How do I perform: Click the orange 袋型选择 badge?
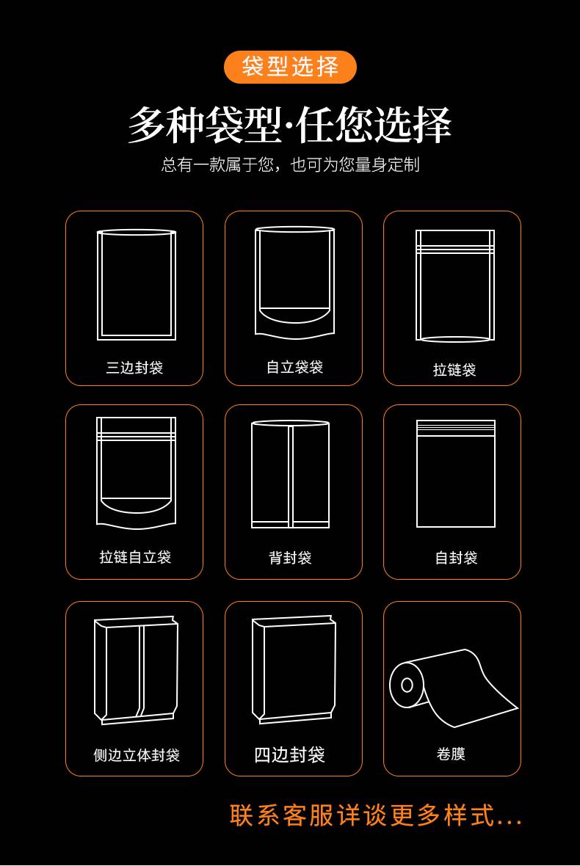pyautogui.click(x=290, y=67)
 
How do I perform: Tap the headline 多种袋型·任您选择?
pyautogui.click(x=290, y=125)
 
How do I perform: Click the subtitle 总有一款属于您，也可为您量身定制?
pyautogui.click(x=290, y=164)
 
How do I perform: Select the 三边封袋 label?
pyautogui.click(x=134, y=368)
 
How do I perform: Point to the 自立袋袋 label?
pyautogui.click(x=294, y=367)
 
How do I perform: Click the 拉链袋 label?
pyautogui.click(x=454, y=370)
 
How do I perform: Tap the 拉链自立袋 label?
pyautogui.click(x=135, y=557)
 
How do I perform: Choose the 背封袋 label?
pyautogui.click(x=290, y=558)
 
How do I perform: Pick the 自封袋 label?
pyautogui.click(x=456, y=558)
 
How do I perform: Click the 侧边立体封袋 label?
pyautogui.click(x=137, y=754)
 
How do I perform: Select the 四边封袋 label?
pyautogui.click(x=289, y=754)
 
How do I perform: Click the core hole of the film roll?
pyautogui.click(x=407, y=685)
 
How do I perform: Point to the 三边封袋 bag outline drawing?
pyautogui.click(x=137, y=285)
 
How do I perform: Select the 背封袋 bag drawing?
pyautogui.click(x=290, y=474)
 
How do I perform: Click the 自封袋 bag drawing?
pyautogui.click(x=456, y=473)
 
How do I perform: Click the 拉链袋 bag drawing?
pyautogui.click(x=455, y=286)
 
